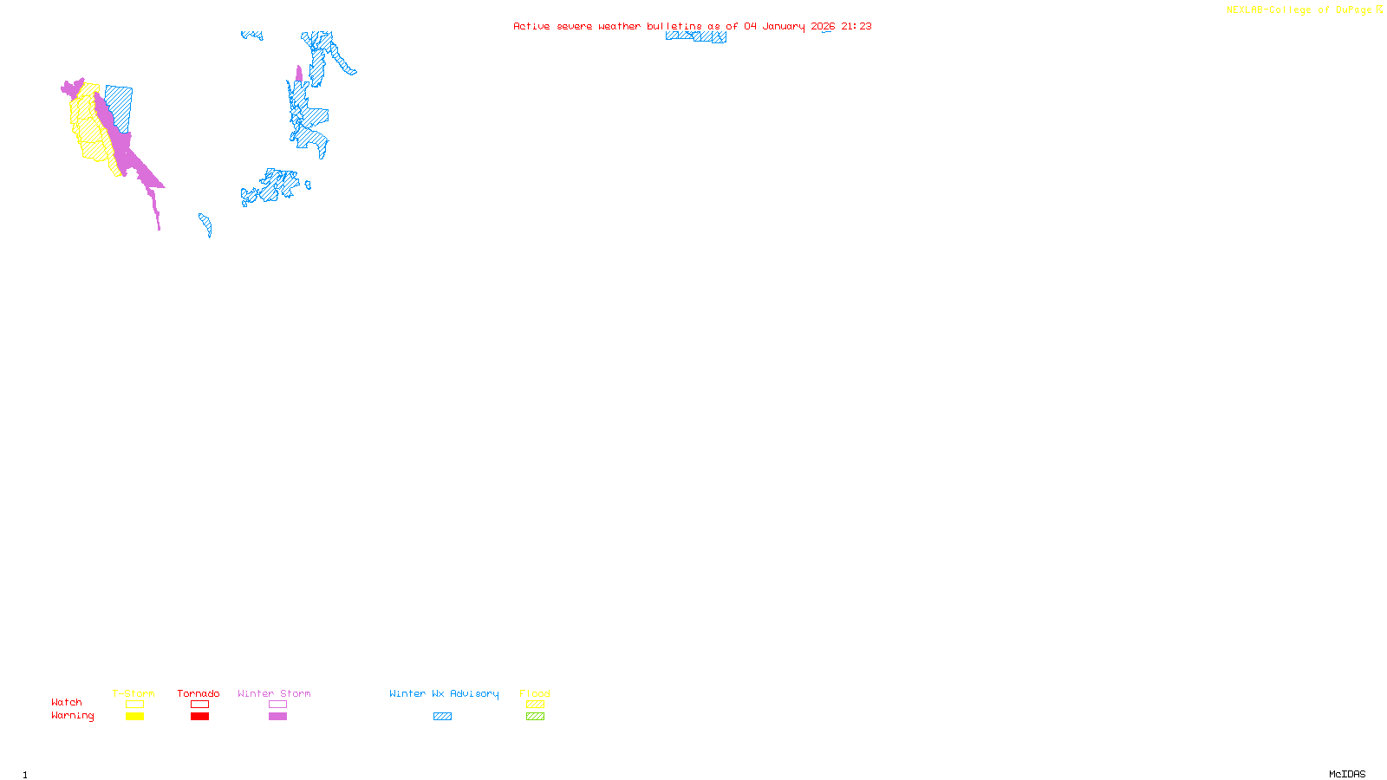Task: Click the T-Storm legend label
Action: [x=133, y=693]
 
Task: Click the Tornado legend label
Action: [x=199, y=693]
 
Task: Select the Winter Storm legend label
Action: [x=274, y=693]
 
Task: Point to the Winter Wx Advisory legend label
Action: [x=444, y=693]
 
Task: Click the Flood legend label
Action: [x=535, y=693]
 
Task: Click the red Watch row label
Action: [x=67, y=702]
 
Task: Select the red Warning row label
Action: [x=73, y=716]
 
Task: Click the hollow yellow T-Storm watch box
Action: [x=134, y=705]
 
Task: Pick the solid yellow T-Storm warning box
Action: [x=134, y=717]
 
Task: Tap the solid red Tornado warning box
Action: [x=199, y=717]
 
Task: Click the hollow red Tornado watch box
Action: [x=199, y=705]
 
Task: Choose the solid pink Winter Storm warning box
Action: [x=277, y=717]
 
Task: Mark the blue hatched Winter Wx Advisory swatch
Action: [x=442, y=717]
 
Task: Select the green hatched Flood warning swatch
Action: [x=535, y=717]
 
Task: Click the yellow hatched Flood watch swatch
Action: [x=535, y=705]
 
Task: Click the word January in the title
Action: [x=784, y=26]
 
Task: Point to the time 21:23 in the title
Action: [x=856, y=26]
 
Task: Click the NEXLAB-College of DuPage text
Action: [x=1299, y=10]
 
